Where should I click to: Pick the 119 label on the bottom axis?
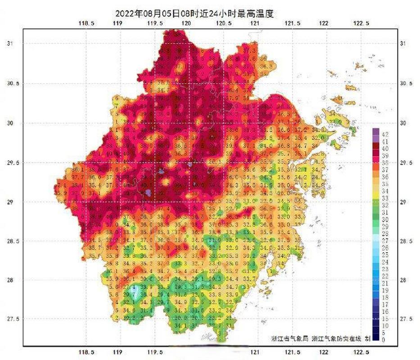[118, 351]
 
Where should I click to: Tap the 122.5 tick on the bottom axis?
[361, 351]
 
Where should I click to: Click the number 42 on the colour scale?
[385, 135]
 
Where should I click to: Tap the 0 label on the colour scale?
[384, 340]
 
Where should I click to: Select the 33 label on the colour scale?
[385, 198]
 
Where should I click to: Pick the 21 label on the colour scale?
[385, 283]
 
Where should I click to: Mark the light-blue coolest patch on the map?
[133, 290]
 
